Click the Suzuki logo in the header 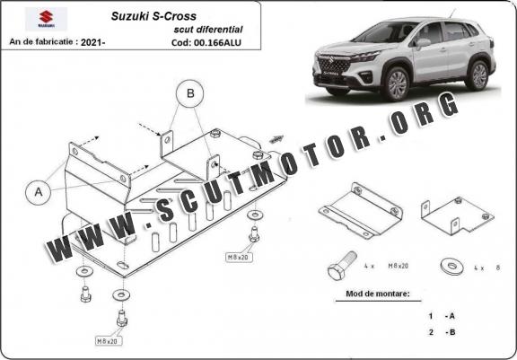46,19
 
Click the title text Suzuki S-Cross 153,16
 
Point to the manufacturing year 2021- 92,42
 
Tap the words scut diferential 208,30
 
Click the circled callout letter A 39,192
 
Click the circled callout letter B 190,93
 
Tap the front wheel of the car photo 398,83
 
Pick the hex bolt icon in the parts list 342,265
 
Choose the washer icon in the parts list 452,267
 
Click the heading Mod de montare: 378,294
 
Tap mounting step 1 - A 442,316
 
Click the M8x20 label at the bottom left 108,341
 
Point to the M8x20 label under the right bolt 239,258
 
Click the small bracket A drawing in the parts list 361,210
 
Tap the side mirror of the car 424,43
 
